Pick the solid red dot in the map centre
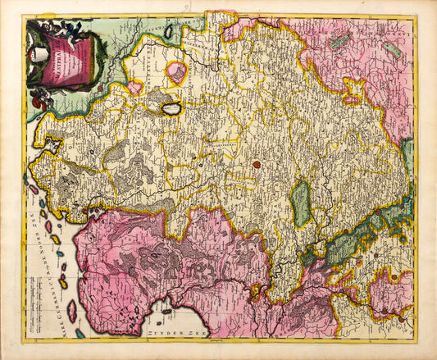[x=257, y=164]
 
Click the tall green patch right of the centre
[x=302, y=203]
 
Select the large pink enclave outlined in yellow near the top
[x=176, y=72]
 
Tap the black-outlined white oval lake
[x=171, y=108]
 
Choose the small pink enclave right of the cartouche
[x=134, y=86]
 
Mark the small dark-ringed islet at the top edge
[x=169, y=32]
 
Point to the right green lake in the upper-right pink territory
[x=394, y=51]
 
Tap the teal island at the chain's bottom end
[x=80, y=333]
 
